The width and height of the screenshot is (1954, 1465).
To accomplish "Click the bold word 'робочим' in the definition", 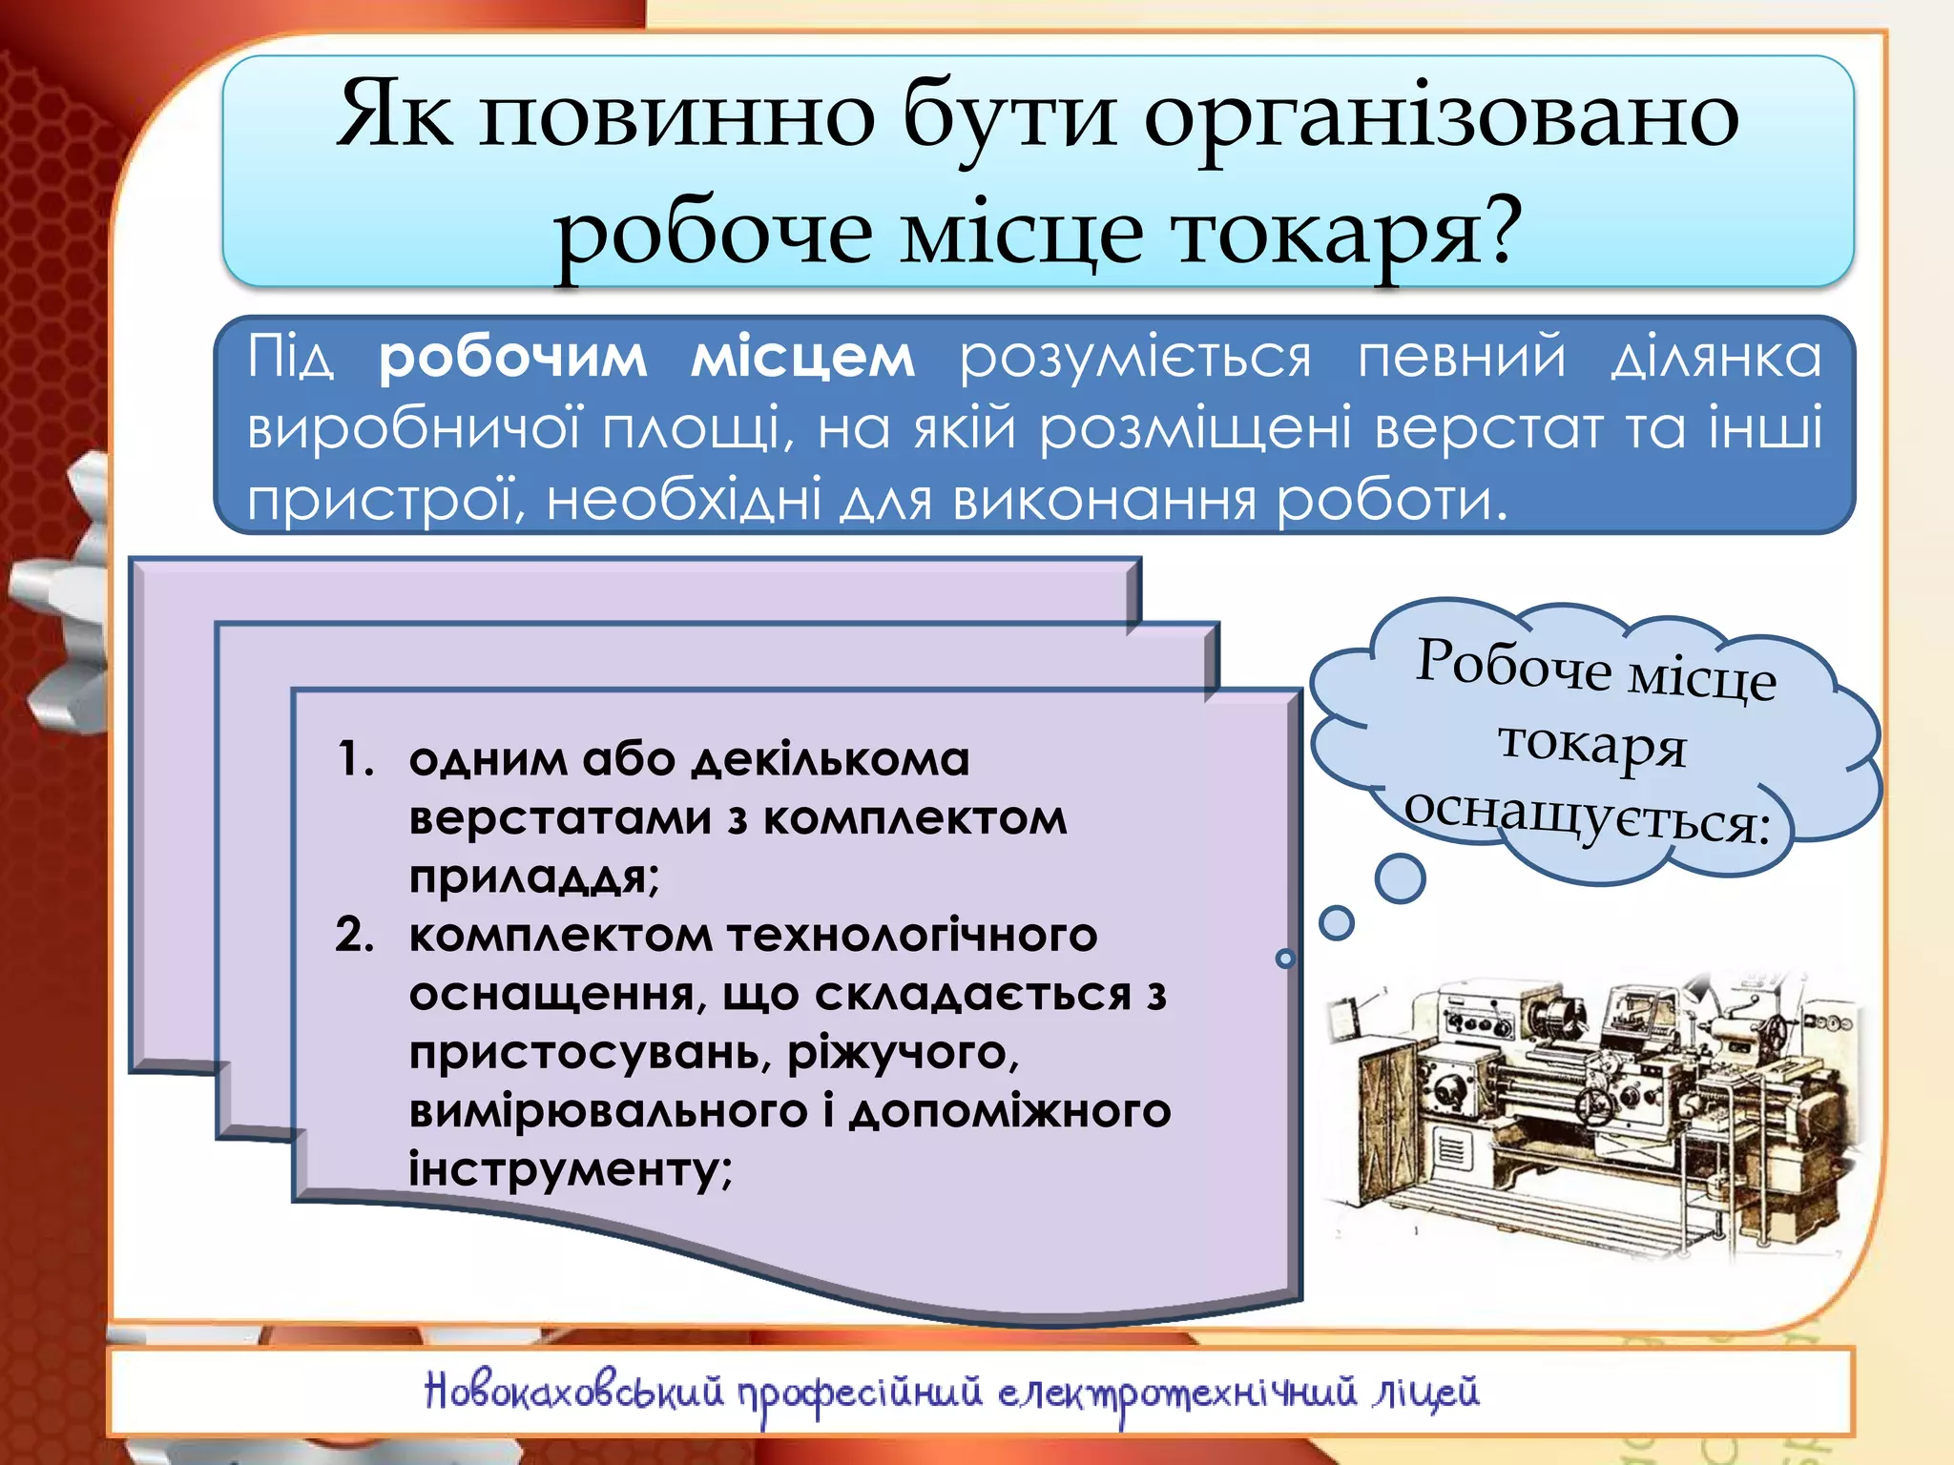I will pyautogui.click(x=512, y=358).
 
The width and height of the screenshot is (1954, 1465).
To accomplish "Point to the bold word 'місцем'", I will pyautogui.click(x=802, y=358).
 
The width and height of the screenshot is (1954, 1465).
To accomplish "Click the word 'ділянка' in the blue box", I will pyautogui.click(x=1715, y=358).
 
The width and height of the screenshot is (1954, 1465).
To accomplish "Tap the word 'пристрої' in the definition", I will pyautogui.click(x=382, y=500).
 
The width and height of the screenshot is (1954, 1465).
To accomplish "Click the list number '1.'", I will pyautogui.click(x=356, y=759).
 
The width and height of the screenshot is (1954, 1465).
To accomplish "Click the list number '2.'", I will pyautogui.click(x=354, y=935).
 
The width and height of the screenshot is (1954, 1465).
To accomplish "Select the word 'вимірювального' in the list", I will pyautogui.click(x=609, y=1111).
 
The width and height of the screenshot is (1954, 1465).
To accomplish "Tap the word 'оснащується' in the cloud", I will pyautogui.click(x=1587, y=815).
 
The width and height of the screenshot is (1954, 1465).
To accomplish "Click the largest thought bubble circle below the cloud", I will pyautogui.click(x=1400, y=878).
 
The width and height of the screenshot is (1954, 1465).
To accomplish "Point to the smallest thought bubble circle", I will pyautogui.click(x=1286, y=959).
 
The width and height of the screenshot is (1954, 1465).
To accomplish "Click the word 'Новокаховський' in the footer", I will pyautogui.click(x=573, y=1393).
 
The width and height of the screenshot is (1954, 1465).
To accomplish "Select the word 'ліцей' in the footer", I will pyautogui.click(x=1425, y=1393).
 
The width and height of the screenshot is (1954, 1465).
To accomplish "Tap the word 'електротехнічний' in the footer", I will pyautogui.click(x=1177, y=1393).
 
